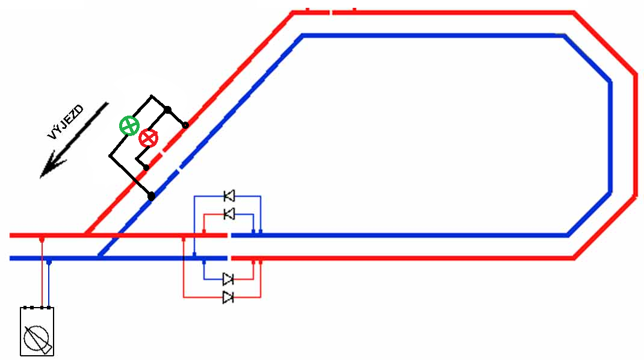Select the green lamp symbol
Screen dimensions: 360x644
click(129, 126)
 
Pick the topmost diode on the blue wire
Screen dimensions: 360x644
click(229, 196)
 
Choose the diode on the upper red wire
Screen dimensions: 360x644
click(229, 214)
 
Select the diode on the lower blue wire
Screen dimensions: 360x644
click(228, 279)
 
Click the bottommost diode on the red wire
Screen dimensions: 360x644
click(228, 297)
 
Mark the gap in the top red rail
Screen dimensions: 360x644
click(330, 12)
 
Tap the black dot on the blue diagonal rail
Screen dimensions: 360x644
click(151, 196)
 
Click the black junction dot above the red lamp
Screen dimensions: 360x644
click(168, 110)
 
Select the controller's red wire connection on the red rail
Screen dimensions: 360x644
click(42, 239)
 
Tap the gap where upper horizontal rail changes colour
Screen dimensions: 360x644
click(229, 235)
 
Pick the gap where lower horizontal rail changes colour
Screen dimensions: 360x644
click(229, 258)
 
